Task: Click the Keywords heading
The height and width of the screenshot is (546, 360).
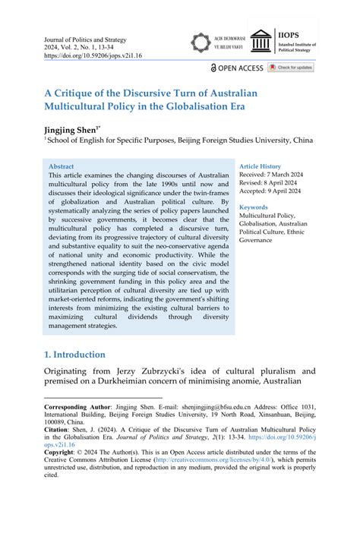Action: click(x=254, y=207)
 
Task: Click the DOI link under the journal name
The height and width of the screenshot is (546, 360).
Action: click(x=95, y=55)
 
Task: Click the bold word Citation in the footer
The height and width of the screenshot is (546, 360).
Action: click(x=58, y=429)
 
